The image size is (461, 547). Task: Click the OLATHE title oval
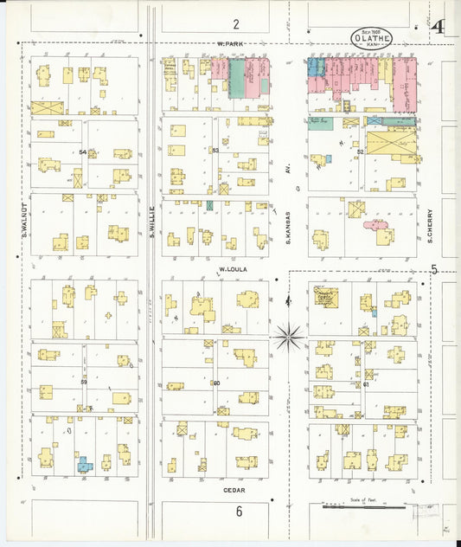point(372,38)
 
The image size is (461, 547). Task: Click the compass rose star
point(289,334)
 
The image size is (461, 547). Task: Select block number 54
point(83,152)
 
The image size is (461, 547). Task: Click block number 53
point(215,151)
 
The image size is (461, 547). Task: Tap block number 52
point(359,151)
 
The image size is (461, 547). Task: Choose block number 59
point(83,382)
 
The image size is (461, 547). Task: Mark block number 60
point(215,383)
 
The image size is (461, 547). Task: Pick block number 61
point(366,383)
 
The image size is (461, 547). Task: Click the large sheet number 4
point(440,27)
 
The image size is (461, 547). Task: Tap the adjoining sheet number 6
point(239,511)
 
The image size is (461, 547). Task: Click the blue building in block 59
point(84,465)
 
